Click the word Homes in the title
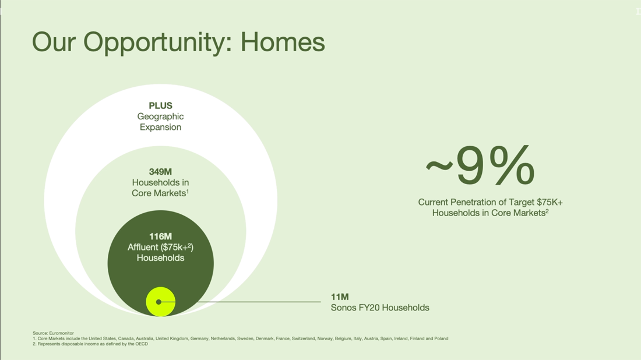pyautogui.click(x=283, y=42)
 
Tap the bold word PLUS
pyautogui.click(x=160, y=105)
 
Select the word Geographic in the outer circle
pyautogui.click(x=160, y=117)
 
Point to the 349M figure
pyautogui.click(x=160, y=172)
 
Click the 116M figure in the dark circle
pyautogui.click(x=160, y=236)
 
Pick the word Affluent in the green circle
pyautogui.click(x=143, y=247)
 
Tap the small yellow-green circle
pyautogui.click(x=161, y=302)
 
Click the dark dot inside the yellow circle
pyautogui.click(x=159, y=302)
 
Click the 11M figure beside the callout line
pyautogui.click(x=340, y=297)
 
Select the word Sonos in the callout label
pyautogui.click(x=343, y=308)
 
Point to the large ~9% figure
pyautogui.click(x=480, y=165)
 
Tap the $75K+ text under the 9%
pyautogui.click(x=550, y=202)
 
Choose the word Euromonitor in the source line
pyautogui.click(x=61, y=333)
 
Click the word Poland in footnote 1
pyautogui.click(x=441, y=338)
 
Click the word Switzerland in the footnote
pyautogui.click(x=304, y=338)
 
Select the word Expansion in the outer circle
pyautogui.click(x=160, y=128)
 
